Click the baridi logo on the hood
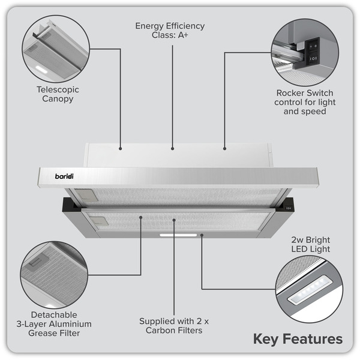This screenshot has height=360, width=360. [x=70, y=177]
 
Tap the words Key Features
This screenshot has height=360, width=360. [x=298, y=338]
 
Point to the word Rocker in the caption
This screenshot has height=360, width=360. [x=292, y=93]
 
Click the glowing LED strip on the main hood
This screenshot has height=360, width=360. [x=179, y=235]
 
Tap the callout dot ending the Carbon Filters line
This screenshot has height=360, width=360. [x=174, y=220]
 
